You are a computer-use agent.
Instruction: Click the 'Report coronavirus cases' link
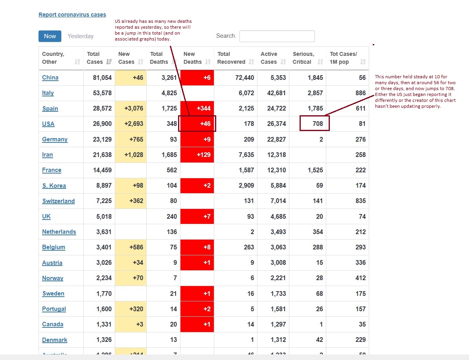(x=72, y=15)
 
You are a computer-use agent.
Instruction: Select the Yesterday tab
(x=81, y=36)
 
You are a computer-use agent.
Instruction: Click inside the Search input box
(x=277, y=36)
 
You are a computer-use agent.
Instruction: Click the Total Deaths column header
(x=159, y=58)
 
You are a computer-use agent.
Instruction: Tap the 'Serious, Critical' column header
(x=303, y=58)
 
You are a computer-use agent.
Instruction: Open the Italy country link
(x=48, y=93)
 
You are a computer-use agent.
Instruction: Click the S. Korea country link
(x=54, y=186)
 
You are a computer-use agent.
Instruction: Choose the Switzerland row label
(x=59, y=201)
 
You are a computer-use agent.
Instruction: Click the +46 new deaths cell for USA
(x=197, y=124)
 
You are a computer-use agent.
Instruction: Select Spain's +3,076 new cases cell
(x=131, y=108)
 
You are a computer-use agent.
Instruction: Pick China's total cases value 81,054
(x=103, y=78)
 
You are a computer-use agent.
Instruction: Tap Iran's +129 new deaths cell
(x=197, y=155)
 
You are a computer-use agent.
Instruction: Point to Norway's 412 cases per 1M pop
(x=360, y=278)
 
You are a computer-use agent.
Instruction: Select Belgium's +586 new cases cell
(x=131, y=247)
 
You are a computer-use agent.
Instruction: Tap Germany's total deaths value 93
(x=172, y=139)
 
